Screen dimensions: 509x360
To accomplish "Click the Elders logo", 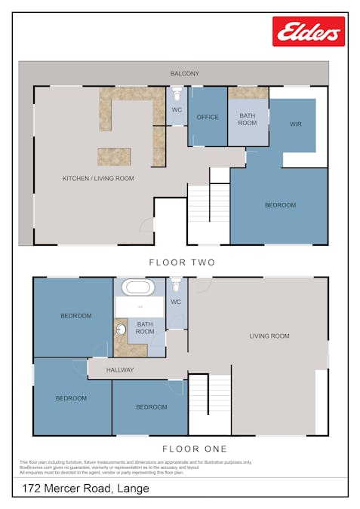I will coord(309,32).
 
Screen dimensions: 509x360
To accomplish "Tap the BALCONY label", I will coord(185,73).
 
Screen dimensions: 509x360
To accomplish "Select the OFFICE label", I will coord(208,117).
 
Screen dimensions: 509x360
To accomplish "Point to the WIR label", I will coord(296,124).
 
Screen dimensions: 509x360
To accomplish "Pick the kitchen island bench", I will coord(113,156).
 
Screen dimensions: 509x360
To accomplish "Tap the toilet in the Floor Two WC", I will coord(177,97).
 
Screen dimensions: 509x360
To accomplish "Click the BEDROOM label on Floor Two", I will coord(280,205).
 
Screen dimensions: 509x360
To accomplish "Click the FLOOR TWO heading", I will coord(182,262).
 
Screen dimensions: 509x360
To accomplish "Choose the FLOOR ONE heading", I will coord(185,449).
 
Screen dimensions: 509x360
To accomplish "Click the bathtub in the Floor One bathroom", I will coord(139,287).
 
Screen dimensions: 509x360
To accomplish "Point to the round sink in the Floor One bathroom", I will coord(121,330).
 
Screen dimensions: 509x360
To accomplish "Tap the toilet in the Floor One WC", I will coord(176,287).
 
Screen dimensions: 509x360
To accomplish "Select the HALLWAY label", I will coord(120,370).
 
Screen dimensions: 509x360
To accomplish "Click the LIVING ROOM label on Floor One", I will coord(269,336).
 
